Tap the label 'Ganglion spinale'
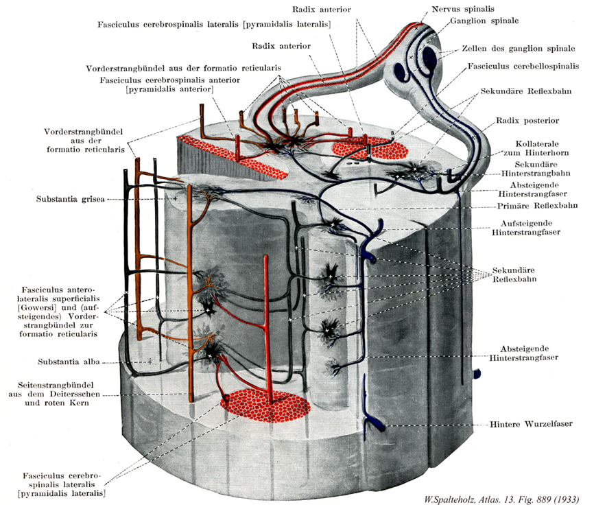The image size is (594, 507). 484,21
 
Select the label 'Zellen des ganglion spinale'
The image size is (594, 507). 506,49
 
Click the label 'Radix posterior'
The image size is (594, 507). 528,121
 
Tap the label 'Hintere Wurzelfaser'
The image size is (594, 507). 531,424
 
